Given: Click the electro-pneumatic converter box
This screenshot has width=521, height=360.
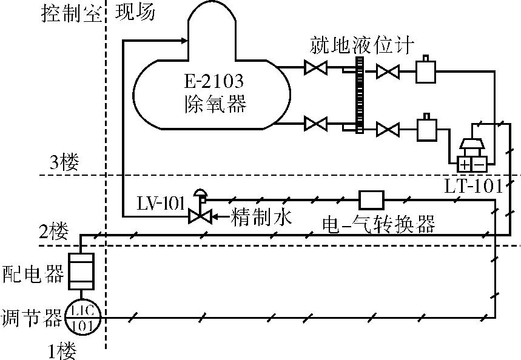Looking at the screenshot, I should pos(371,199).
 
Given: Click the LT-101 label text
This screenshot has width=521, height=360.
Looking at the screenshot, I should pos(473,186).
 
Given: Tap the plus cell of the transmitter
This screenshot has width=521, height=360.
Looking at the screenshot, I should pos(465,164).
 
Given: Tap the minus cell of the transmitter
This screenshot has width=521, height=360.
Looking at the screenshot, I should pos(479,164).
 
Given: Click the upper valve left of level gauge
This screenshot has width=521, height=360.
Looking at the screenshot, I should pos(315,68).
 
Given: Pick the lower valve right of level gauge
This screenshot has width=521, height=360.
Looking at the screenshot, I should pos(386,128).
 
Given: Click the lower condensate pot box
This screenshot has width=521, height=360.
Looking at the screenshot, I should pos(426,129).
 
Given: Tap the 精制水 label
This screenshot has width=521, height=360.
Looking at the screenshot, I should pos(254,216).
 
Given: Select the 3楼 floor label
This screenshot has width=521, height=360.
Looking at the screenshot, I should pos(64,162).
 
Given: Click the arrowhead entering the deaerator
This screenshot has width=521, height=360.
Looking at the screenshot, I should pos(183,41).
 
